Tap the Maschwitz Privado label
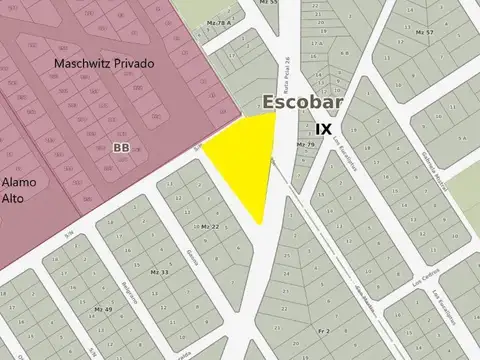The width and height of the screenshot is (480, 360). click(x=105, y=64)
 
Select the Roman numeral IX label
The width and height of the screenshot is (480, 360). click(x=323, y=129)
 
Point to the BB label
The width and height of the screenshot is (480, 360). click(x=122, y=147)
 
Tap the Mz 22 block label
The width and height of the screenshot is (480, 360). click(x=210, y=227)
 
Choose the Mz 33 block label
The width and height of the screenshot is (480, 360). click(x=158, y=272)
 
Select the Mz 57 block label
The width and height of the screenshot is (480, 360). click(x=423, y=33)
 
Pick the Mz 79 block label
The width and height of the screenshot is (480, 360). click(x=305, y=145)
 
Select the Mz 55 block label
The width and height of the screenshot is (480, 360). click(x=267, y=3)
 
